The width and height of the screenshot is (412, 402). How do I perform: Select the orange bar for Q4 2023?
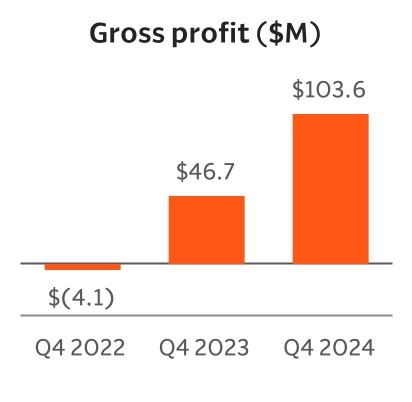[206, 230]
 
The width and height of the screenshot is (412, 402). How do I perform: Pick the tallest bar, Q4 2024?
[330, 189]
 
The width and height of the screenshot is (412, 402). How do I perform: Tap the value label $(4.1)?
[82, 297]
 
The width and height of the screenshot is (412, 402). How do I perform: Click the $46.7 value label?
[206, 171]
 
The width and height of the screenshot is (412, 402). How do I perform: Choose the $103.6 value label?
[329, 89]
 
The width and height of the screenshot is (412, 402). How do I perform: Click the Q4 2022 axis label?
[82, 349]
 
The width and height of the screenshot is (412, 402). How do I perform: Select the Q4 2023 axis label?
[206, 349]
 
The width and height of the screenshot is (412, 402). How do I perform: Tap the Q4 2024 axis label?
[329, 349]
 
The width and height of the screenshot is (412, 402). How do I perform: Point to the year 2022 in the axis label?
[98, 349]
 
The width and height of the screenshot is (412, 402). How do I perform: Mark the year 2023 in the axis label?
[222, 349]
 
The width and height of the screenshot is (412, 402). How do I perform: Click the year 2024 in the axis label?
[345, 349]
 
